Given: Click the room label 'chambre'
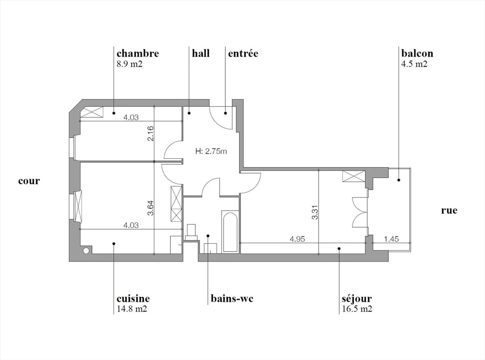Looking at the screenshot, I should pos(137,54).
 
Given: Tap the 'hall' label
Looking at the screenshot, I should pos(201,54).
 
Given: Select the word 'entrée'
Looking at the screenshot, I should pos(243,54).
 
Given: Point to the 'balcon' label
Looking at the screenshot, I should pos(417,54).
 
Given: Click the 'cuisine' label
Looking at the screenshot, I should pos(133,299).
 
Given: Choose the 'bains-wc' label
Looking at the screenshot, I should pos(232,299).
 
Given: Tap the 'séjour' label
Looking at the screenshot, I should pos(357,299).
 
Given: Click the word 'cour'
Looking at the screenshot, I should pos(29,181).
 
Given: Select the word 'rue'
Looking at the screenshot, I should pos(449,210).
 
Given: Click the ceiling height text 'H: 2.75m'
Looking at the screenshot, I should pos(211,151).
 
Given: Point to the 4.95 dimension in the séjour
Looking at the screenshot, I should pos(297,239).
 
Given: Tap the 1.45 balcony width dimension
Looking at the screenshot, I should pos(391,239).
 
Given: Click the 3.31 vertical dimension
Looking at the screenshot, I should pos(315,212).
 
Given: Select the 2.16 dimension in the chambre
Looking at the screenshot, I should pos(151,133).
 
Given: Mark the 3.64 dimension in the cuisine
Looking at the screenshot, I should pos(151,208).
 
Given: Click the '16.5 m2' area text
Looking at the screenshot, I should pos(357,309).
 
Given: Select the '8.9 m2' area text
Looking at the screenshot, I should pos(129,64).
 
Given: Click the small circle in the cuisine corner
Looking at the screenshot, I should pos(86,251).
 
